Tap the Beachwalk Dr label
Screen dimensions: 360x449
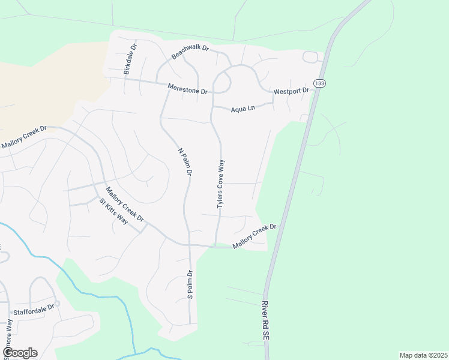[189, 52]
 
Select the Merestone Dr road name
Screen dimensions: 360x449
[187, 88]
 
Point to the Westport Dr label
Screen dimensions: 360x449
[291, 91]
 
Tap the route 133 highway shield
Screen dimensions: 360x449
[319, 83]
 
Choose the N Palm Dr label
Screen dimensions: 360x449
[184, 161]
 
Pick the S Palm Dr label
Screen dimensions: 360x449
[190, 284]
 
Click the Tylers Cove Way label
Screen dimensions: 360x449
[221, 184]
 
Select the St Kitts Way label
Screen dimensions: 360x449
[114, 211]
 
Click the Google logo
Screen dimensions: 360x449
[20, 353]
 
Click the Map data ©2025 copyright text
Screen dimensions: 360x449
[423, 355]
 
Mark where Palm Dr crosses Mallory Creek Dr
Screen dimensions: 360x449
[190, 245]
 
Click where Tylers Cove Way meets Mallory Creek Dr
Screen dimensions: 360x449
[215, 246]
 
